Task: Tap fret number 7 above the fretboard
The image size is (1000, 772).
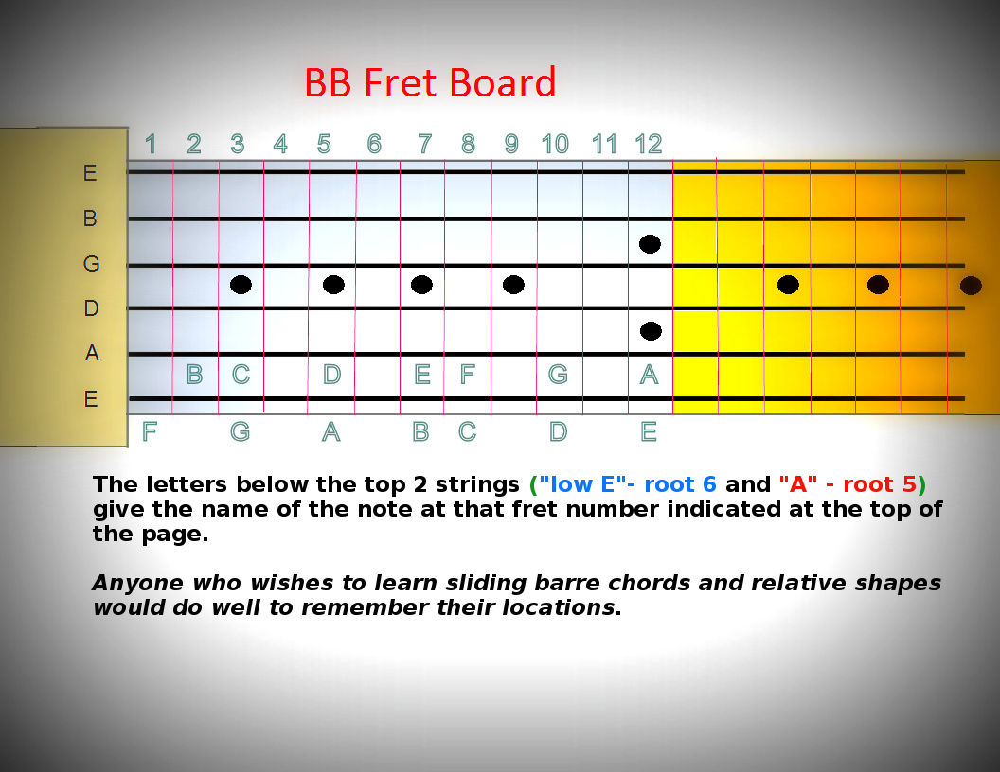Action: (x=425, y=144)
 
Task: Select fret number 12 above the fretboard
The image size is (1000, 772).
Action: (x=649, y=144)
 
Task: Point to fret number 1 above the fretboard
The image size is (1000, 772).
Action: (x=151, y=144)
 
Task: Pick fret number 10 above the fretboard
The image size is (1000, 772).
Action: (x=555, y=144)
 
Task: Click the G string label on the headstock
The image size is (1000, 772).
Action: (x=91, y=263)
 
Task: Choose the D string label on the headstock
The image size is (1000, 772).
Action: (x=91, y=308)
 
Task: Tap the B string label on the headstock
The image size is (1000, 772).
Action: (x=90, y=219)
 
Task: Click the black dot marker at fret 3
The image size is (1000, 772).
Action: (x=241, y=285)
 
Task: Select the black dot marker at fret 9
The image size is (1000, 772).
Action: (x=513, y=285)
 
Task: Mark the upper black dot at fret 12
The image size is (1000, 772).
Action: (x=650, y=244)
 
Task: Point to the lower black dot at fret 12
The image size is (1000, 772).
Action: (x=651, y=331)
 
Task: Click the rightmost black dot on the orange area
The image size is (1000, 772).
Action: (x=972, y=286)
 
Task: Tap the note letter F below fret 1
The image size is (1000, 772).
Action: (x=150, y=431)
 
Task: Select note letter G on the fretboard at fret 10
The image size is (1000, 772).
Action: (x=558, y=374)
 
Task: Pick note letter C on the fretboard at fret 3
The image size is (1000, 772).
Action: (x=241, y=374)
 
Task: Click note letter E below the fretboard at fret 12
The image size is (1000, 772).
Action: (x=649, y=431)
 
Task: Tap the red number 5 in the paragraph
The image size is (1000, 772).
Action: (x=909, y=484)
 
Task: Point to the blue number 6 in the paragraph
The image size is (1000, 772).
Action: (x=709, y=484)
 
